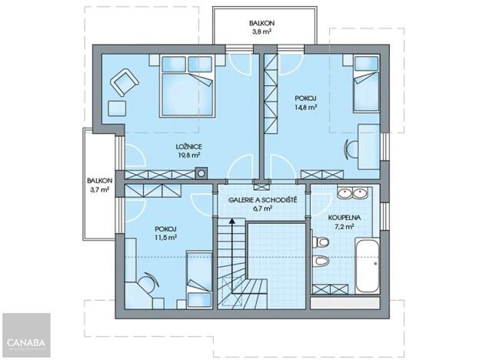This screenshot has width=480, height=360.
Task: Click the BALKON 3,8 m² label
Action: tap(262, 28)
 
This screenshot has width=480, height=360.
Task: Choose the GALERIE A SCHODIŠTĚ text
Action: tap(262, 199)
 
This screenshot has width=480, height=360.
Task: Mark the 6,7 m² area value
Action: tap(262, 208)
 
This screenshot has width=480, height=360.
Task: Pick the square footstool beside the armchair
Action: tap(116, 108)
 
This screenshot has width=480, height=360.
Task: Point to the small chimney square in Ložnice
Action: tap(201, 172)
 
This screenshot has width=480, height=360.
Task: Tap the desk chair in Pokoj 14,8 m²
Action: tap(351, 146)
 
